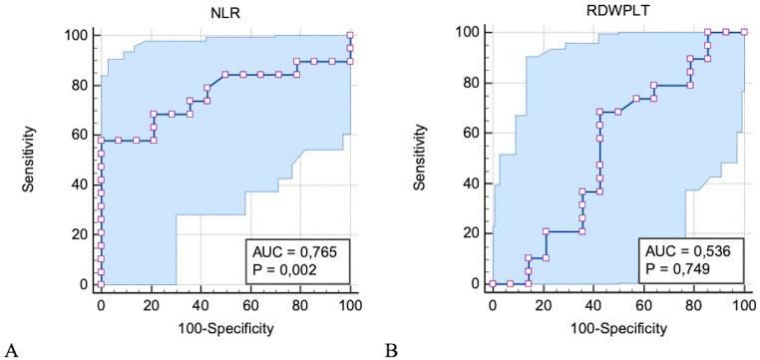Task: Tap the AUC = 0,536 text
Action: point(688,249)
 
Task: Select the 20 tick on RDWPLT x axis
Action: point(543,304)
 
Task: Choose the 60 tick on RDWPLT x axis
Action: point(643,304)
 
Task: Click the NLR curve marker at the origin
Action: point(100,284)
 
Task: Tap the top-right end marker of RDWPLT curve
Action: point(743,32)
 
